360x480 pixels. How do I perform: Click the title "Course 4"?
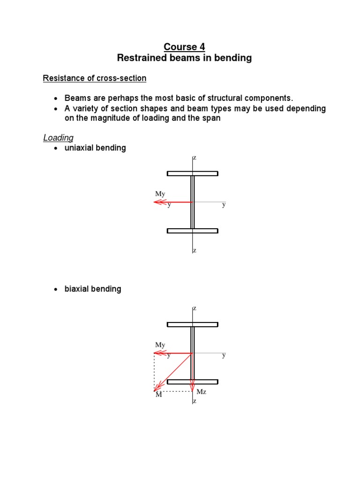[184, 47]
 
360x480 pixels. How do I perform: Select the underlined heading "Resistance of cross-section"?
[95, 78]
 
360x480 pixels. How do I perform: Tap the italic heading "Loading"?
[58, 137]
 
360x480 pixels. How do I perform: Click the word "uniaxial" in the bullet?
[80, 148]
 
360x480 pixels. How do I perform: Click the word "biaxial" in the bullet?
[77, 289]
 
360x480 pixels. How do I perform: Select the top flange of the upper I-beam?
[192, 173]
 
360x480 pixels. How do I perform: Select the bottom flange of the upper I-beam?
[192, 231]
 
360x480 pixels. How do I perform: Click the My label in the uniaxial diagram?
[160, 194]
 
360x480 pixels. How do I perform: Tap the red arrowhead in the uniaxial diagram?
[157, 202]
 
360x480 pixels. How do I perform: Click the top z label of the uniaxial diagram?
[195, 158]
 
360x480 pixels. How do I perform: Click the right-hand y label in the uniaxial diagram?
[224, 204]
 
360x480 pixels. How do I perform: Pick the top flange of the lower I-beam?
[192, 324]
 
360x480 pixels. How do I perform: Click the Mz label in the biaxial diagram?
[201, 392]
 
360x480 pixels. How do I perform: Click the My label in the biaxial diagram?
[160, 345]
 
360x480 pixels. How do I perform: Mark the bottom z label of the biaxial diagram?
[195, 401]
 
